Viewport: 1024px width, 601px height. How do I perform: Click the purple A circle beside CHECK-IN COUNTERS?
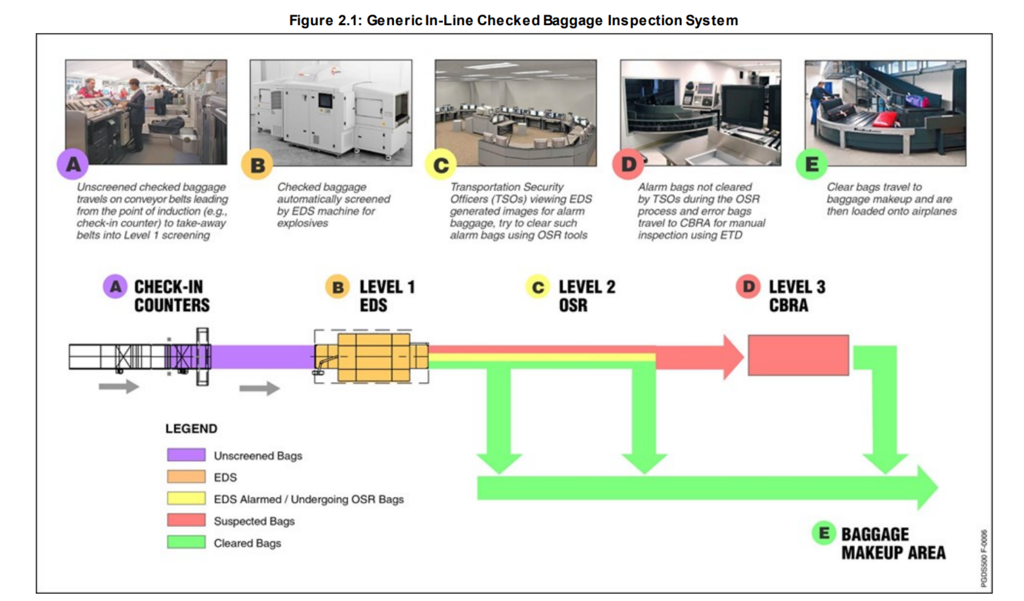click(115, 286)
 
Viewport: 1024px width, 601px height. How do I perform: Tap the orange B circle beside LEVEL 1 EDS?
click(338, 286)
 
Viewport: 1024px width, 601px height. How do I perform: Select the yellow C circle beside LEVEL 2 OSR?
click(537, 287)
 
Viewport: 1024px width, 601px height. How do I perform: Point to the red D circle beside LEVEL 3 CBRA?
click(748, 286)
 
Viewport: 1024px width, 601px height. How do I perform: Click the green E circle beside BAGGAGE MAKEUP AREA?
click(824, 533)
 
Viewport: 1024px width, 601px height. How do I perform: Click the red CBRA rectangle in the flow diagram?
click(798, 355)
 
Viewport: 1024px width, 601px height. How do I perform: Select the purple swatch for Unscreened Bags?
click(186, 455)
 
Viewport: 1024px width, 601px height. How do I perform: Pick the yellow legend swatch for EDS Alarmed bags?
click(186, 498)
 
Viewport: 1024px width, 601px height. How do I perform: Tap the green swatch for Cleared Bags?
click(186, 542)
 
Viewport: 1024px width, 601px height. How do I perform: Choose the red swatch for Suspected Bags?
click(186, 520)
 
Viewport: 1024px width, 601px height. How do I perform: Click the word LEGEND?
click(191, 428)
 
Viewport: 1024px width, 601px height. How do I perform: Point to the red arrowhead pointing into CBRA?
click(732, 357)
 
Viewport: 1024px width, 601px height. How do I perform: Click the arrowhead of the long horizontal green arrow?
click(927, 488)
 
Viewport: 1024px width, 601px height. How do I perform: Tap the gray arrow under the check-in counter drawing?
click(119, 386)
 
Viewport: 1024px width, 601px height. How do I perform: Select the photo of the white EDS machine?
click(331, 112)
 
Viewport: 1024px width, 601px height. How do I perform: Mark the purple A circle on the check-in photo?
click(72, 164)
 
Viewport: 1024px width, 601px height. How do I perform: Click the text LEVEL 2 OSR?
click(586, 296)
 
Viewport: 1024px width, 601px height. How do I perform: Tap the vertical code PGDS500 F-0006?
click(983, 558)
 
